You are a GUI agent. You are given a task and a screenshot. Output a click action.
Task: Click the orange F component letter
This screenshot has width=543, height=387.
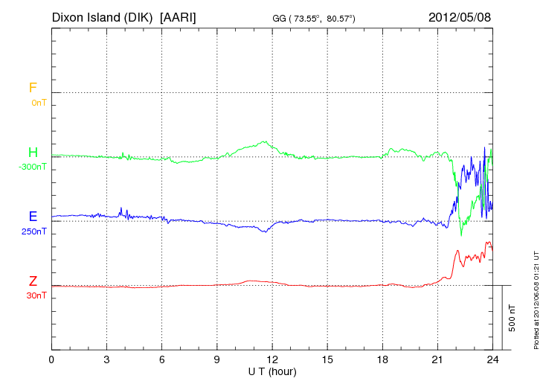[x=33, y=88]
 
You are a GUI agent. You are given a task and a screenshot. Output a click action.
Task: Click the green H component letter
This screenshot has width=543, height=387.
[x=33, y=153]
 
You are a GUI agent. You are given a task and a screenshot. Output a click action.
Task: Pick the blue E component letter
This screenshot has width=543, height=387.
[x=33, y=217]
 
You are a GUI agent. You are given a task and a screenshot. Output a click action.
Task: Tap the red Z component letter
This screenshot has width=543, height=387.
[x=33, y=281]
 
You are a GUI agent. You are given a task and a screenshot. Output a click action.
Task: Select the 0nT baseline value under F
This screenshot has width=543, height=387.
[x=39, y=102]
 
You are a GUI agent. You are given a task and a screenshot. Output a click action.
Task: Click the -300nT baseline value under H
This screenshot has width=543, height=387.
[x=33, y=167]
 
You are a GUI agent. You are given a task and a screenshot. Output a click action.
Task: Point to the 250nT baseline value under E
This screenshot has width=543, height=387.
[x=34, y=231]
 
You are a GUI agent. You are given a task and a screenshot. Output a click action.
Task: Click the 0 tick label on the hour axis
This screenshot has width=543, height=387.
[x=51, y=359]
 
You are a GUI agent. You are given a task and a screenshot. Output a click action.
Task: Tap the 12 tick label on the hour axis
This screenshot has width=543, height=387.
[x=272, y=359]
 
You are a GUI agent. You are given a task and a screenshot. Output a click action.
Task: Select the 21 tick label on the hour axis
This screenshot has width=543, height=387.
[x=437, y=359]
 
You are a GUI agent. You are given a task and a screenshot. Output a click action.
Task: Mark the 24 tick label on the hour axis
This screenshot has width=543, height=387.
[x=492, y=359]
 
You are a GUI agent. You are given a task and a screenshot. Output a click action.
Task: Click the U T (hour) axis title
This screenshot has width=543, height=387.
[x=272, y=371]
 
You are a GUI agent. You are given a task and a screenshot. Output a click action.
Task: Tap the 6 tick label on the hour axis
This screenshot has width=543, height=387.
[x=161, y=359]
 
